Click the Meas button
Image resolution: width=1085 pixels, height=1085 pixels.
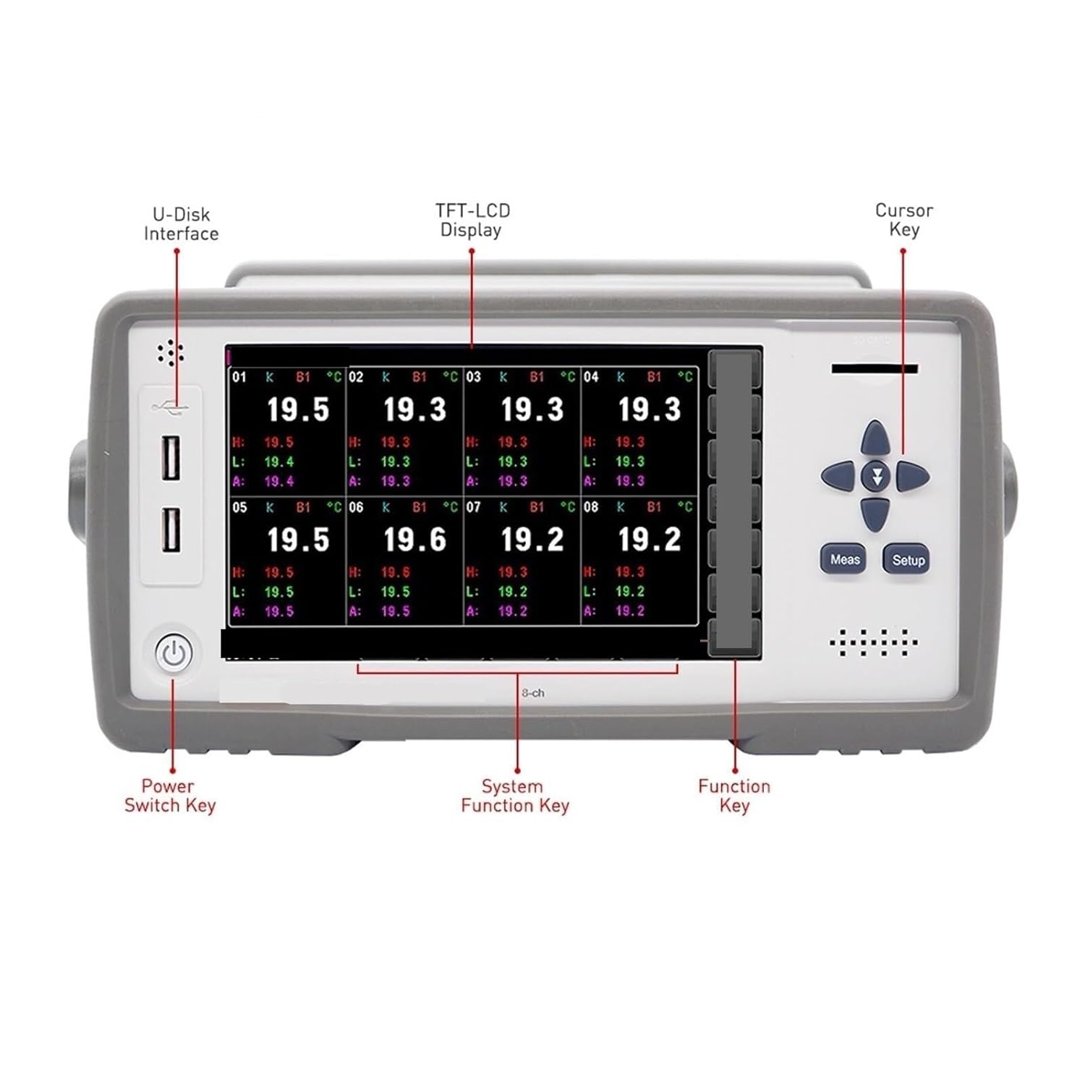coord(844,559)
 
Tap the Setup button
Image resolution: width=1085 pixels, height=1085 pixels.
coord(907,560)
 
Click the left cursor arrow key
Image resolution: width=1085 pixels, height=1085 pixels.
coord(839,476)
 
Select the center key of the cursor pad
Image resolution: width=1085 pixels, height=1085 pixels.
coord(876,476)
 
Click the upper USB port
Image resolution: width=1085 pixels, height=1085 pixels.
coord(171,457)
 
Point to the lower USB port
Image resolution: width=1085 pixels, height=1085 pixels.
coord(171,529)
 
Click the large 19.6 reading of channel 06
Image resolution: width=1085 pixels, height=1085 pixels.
coord(414,540)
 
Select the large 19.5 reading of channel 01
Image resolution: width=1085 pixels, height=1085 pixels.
coord(298,409)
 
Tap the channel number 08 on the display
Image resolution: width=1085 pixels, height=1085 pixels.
coord(591,507)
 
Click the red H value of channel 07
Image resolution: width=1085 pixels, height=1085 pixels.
coord(512,572)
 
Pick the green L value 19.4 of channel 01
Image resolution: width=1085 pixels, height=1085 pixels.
coord(278,461)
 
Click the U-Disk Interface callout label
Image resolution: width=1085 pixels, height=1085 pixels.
coord(181,224)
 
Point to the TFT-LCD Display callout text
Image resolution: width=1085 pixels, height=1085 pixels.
coord(472,220)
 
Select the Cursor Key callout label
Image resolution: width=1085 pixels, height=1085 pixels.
coord(903,219)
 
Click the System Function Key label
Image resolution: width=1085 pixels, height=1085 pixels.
coord(515,796)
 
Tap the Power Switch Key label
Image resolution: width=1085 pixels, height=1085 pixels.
coord(169,796)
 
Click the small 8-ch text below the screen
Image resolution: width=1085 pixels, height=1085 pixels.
coord(533,693)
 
